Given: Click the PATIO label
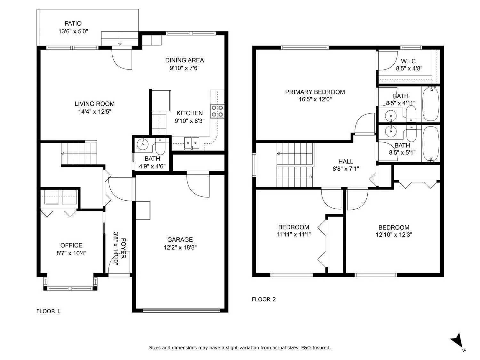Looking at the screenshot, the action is click(73, 23).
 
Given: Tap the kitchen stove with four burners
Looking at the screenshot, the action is click(217, 111).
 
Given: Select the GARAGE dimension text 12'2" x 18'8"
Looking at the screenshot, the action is click(180, 247).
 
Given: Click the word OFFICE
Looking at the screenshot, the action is click(71, 245).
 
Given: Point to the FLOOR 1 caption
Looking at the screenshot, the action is click(48, 311).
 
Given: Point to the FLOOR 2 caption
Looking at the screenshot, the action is click(264, 299).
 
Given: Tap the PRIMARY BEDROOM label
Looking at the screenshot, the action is click(315, 92).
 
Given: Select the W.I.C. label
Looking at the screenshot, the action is click(409, 61).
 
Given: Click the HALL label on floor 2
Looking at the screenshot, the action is click(346, 162).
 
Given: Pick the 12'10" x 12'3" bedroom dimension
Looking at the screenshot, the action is click(394, 235).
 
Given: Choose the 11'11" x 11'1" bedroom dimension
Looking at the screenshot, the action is click(294, 234).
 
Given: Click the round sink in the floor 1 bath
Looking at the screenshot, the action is click(143, 144).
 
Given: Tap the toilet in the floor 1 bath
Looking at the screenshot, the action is click(161, 147).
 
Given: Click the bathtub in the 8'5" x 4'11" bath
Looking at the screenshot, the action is click(431, 104).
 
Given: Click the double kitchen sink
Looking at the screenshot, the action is click(192, 143).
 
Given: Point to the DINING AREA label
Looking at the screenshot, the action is click(184, 60).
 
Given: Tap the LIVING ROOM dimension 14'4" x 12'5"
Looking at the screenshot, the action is click(95, 112).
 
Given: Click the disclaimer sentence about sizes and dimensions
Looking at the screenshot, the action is click(240, 348).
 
